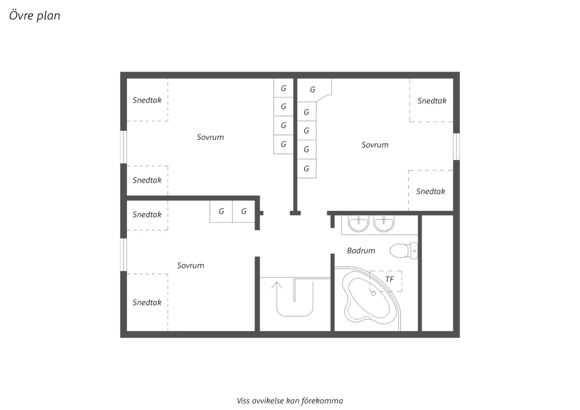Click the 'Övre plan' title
click(x=35, y=15)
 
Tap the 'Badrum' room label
click(x=361, y=251)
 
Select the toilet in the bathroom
click(x=404, y=251)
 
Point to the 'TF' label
click(x=389, y=280)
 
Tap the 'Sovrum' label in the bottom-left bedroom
click(x=191, y=265)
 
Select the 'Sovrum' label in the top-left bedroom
click(x=210, y=137)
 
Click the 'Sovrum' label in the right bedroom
click(x=375, y=145)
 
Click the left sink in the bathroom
click(x=358, y=224)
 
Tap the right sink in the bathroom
click(x=384, y=224)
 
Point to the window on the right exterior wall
click(x=457, y=147)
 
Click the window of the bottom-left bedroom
click(x=123, y=255)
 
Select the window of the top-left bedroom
click(x=123, y=147)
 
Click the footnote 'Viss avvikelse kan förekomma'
click(x=290, y=401)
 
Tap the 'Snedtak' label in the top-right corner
click(x=432, y=101)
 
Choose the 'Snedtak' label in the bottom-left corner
click(x=147, y=302)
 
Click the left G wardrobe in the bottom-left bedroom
click(x=221, y=211)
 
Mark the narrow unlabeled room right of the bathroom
click(x=438, y=273)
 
